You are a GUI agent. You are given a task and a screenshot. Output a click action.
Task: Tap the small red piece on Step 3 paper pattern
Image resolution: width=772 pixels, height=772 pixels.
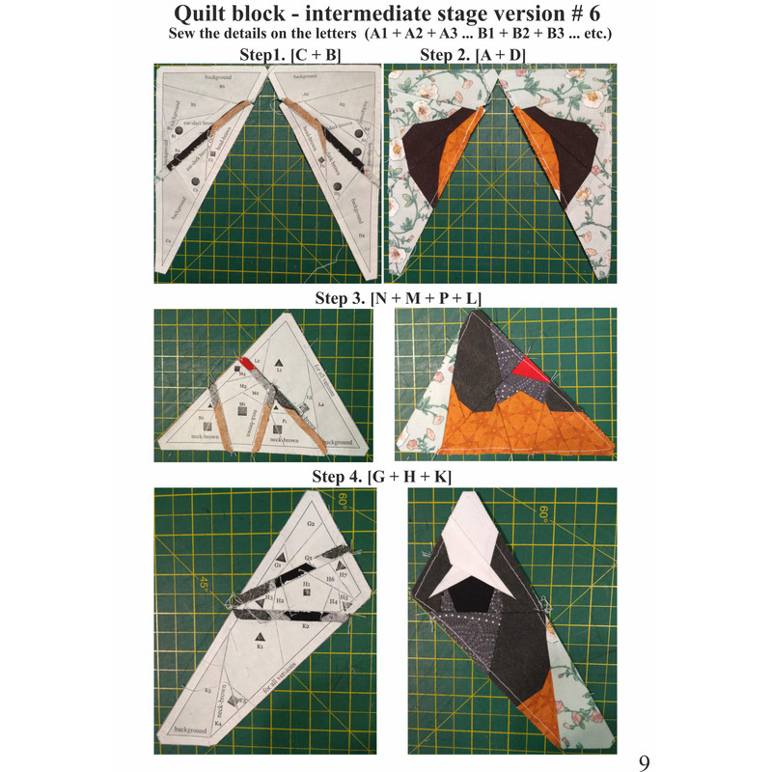pos(248,363)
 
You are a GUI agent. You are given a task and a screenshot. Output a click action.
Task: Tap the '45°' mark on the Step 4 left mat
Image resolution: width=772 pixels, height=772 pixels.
pos(205,583)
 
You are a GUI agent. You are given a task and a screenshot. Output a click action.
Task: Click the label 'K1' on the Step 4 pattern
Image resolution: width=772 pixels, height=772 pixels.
pos(260,647)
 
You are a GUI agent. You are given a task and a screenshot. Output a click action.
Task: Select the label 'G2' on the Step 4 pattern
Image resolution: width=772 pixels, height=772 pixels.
pos(311,523)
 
